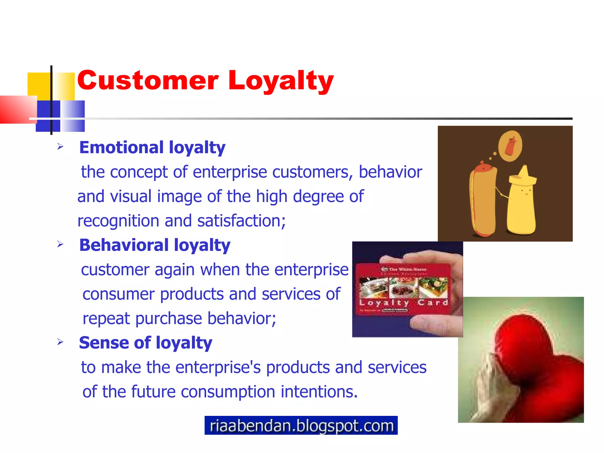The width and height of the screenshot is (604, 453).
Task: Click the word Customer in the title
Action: point(148,81)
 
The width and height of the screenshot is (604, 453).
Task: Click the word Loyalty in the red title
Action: point(280,81)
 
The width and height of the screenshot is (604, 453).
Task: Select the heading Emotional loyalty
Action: point(152,147)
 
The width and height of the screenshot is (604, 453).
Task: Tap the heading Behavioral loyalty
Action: point(155,245)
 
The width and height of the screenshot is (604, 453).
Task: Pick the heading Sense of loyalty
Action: point(145,343)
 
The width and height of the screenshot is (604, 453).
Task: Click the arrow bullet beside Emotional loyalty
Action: point(60,147)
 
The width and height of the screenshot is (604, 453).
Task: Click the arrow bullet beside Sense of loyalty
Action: point(60,342)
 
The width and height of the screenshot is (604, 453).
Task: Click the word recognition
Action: point(118,221)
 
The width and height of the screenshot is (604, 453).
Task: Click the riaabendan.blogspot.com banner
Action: point(301,425)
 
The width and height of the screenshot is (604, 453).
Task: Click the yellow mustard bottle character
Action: point(521,206)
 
